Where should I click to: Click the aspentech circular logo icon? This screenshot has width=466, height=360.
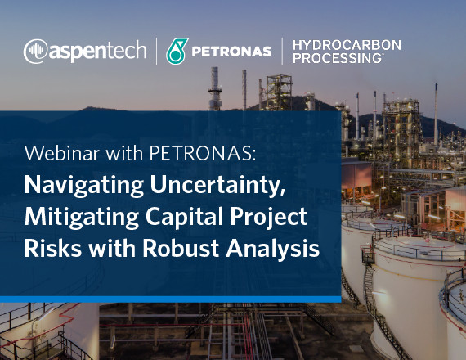(x=35, y=52)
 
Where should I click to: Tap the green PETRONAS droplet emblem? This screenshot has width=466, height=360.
(x=177, y=52)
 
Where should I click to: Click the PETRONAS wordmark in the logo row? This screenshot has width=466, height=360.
(x=231, y=52)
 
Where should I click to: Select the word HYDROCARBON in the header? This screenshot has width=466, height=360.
(x=347, y=45)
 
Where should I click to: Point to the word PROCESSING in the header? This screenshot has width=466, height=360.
(x=338, y=58)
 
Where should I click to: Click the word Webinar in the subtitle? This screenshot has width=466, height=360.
(x=62, y=153)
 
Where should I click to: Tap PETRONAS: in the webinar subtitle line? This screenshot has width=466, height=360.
(x=203, y=153)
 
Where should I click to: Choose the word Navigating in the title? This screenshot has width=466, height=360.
(x=84, y=186)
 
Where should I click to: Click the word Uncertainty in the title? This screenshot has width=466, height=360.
(x=217, y=186)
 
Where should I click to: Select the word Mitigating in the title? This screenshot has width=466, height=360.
(x=82, y=218)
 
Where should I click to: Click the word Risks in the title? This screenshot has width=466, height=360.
(x=53, y=249)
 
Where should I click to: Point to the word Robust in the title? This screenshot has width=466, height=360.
(x=181, y=249)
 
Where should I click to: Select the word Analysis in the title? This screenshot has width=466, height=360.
(x=272, y=249)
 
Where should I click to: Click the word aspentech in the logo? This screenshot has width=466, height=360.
(x=97, y=52)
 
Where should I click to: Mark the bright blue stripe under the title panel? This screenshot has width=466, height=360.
(x=171, y=299)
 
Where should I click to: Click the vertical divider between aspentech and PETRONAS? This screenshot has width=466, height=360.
(x=157, y=52)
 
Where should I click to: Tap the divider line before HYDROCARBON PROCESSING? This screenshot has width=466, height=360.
(x=282, y=52)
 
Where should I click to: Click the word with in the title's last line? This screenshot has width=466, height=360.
(x=112, y=249)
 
